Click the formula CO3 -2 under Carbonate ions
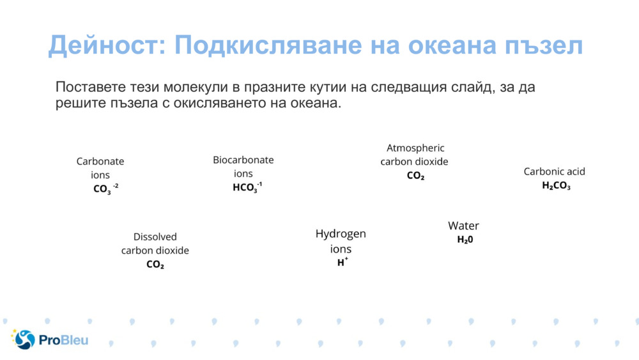click(x=105, y=189)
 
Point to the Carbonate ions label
click(x=100, y=168)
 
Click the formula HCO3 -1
click(x=247, y=187)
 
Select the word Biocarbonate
click(x=243, y=160)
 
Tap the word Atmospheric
click(x=415, y=148)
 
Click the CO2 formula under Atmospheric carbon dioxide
click(x=415, y=176)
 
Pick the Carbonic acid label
click(x=554, y=171)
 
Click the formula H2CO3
click(x=556, y=186)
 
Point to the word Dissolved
click(x=155, y=237)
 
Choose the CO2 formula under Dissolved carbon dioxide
click(x=155, y=265)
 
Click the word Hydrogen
click(x=341, y=234)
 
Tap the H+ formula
click(x=342, y=262)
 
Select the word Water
click(x=463, y=226)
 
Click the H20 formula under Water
click(x=465, y=240)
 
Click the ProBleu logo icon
click(x=23, y=340)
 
